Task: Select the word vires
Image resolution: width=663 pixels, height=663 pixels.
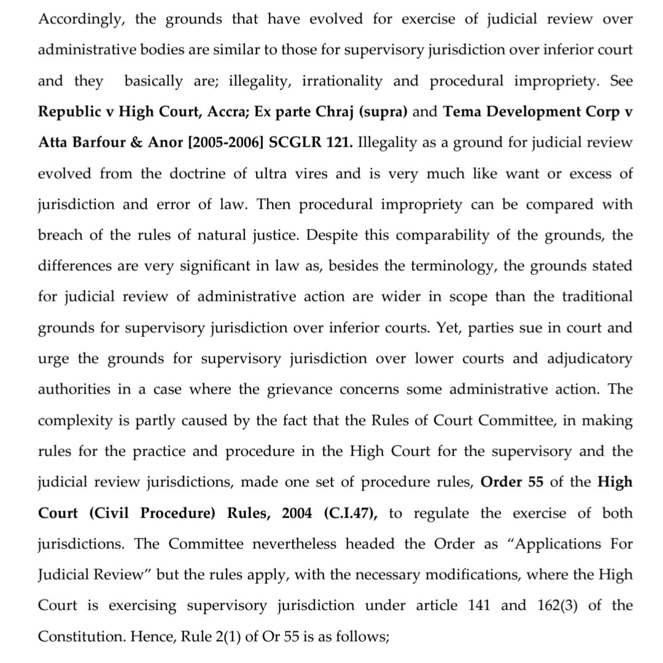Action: coord(310,173)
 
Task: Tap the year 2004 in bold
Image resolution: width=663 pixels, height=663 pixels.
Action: coord(297,513)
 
